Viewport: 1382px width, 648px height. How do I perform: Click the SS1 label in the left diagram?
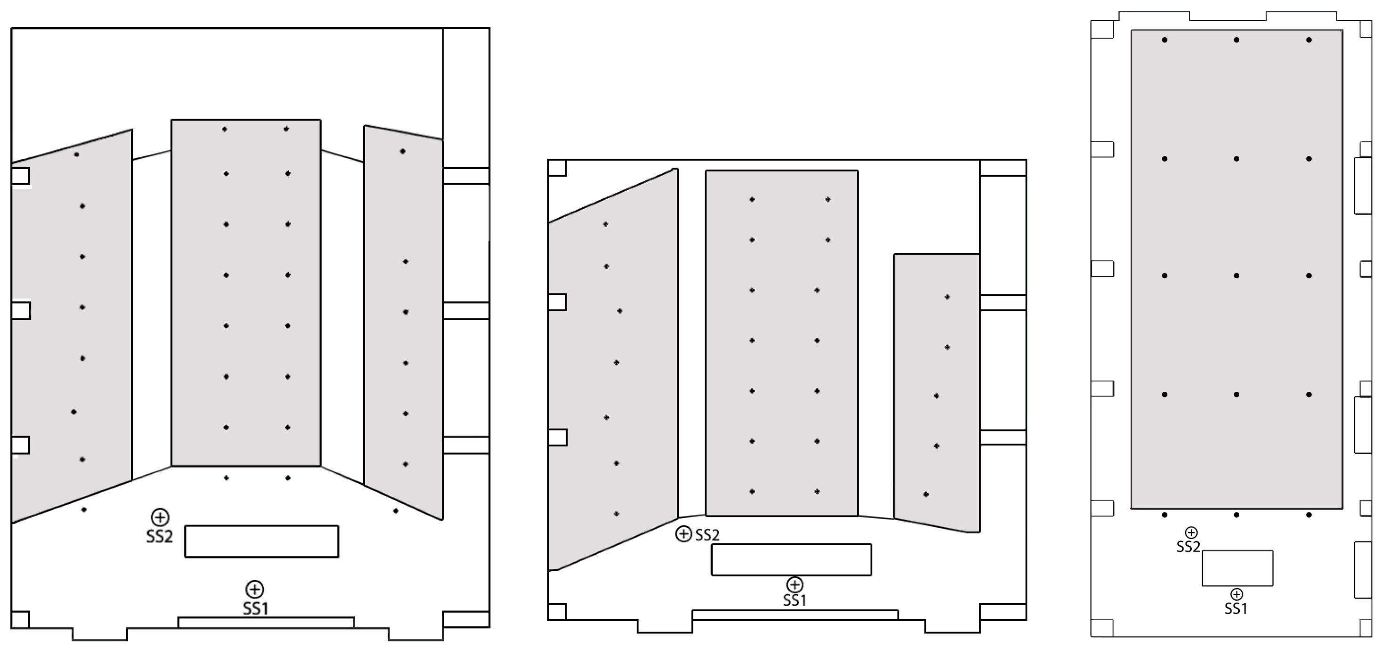255,608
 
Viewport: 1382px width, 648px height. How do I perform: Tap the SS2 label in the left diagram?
159,536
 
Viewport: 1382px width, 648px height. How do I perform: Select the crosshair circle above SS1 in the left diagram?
254,589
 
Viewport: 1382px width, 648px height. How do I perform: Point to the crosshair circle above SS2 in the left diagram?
160,517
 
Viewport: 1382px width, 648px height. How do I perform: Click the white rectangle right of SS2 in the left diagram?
262,541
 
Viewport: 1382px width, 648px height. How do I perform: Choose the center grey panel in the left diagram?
246,293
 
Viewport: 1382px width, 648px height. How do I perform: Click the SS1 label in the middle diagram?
795,600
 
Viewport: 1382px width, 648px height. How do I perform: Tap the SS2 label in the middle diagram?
707,535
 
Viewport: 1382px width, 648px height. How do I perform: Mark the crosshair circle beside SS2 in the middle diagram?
683,534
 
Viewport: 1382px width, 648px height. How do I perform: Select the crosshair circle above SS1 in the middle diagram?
795,584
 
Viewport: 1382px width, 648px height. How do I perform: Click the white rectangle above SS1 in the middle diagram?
791,559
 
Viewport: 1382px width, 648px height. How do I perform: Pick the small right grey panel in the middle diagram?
937,393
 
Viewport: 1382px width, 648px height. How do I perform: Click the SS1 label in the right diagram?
1236,609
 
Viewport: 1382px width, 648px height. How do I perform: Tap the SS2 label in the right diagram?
1188,547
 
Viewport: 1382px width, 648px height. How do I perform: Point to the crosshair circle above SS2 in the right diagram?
1191,533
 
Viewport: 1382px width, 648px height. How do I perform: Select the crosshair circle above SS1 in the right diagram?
1236,594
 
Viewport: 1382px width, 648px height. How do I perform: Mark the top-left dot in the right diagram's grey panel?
1165,40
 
